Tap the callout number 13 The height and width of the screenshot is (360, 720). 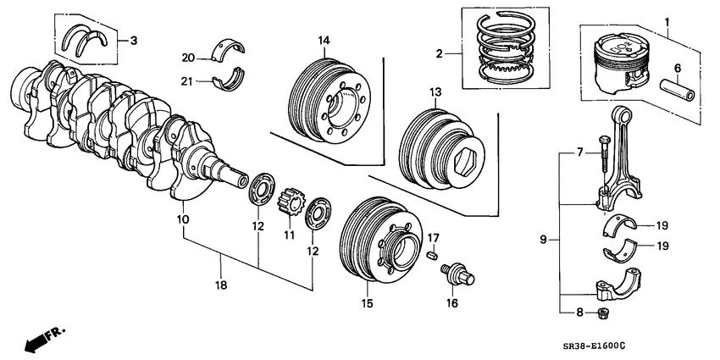435,91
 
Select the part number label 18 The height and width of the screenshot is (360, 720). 221,287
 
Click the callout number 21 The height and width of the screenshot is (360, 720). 188,80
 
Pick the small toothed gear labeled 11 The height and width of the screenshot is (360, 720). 288,205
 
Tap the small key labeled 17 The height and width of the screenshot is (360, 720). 432,252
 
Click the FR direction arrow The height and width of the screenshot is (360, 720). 41,339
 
